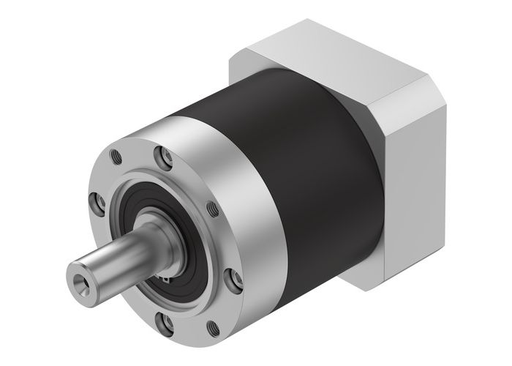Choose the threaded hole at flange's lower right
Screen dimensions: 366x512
213,329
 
